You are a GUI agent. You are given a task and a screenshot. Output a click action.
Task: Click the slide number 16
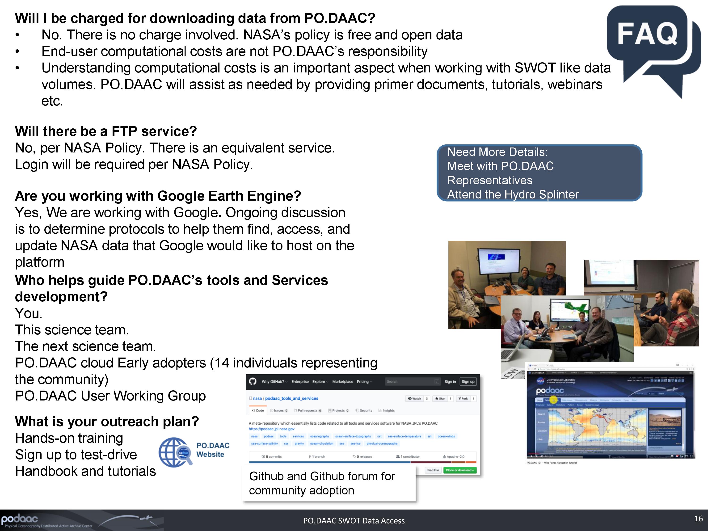[x=698, y=518]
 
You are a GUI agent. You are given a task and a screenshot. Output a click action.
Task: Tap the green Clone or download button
[x=460, y=470]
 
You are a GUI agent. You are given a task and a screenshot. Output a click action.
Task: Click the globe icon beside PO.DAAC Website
[x=175, y=452]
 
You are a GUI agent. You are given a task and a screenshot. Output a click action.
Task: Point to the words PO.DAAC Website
[x=213, y=450]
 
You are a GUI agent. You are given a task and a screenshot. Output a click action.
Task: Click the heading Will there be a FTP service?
[x=106, y=131]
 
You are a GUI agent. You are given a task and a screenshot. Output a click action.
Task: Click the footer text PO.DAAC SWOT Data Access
[x=354, y=521]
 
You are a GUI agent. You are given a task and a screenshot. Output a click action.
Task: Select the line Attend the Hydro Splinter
[x=513, y=194]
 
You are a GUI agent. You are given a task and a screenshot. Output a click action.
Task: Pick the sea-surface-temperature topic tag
[x=404, y=436]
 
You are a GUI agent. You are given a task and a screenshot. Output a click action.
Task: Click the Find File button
[x=433, y=470]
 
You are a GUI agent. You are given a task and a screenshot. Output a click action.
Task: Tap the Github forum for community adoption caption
[x=322, y=483]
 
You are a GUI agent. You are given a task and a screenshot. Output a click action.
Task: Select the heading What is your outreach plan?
[x=107, y=421]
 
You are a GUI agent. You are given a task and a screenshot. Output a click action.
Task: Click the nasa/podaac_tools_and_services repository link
[x=286, y=399]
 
